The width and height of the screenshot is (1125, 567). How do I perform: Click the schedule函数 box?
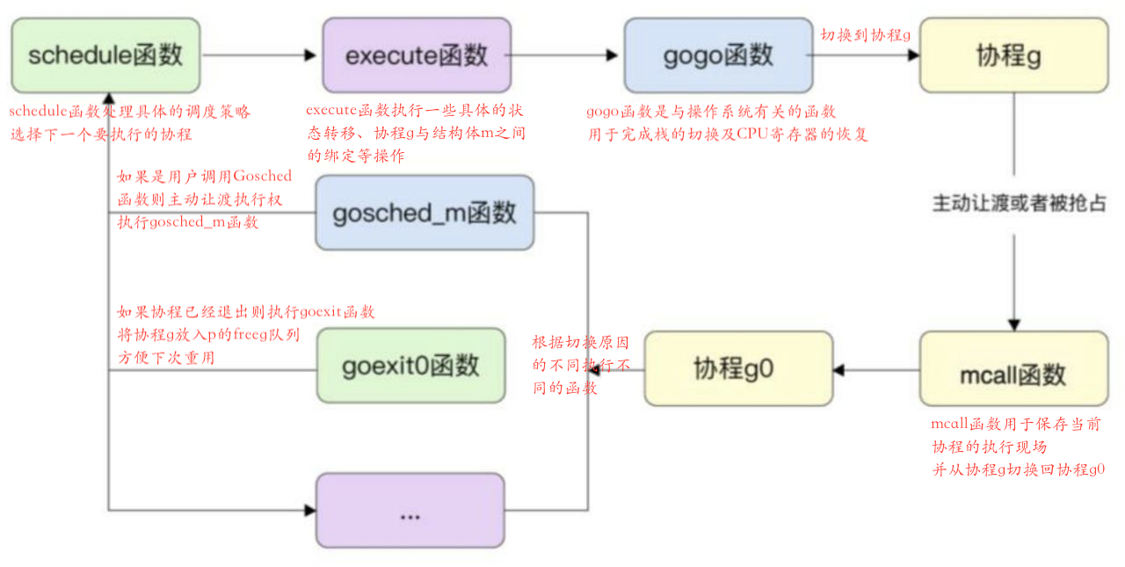click(105, 55)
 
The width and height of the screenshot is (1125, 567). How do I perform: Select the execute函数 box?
click(417, 55)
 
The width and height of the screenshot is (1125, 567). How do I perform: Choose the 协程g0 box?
click(738, 368)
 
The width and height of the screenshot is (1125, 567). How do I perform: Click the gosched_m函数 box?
click(424, 213)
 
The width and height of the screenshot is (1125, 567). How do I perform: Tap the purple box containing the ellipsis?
click(410, 511)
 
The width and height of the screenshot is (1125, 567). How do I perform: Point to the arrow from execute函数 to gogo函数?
click(562, 55)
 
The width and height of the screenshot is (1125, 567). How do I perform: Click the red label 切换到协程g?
click(865, 34)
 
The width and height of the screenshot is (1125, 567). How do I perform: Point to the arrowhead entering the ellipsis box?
click(308, 510)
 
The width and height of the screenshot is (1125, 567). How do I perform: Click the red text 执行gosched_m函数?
click(188, 222)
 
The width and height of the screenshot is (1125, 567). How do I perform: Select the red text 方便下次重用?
click(166, 357)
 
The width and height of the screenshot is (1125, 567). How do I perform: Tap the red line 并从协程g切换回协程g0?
click(1018, 469)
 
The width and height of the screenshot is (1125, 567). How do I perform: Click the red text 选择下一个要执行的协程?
click(101, 134)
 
